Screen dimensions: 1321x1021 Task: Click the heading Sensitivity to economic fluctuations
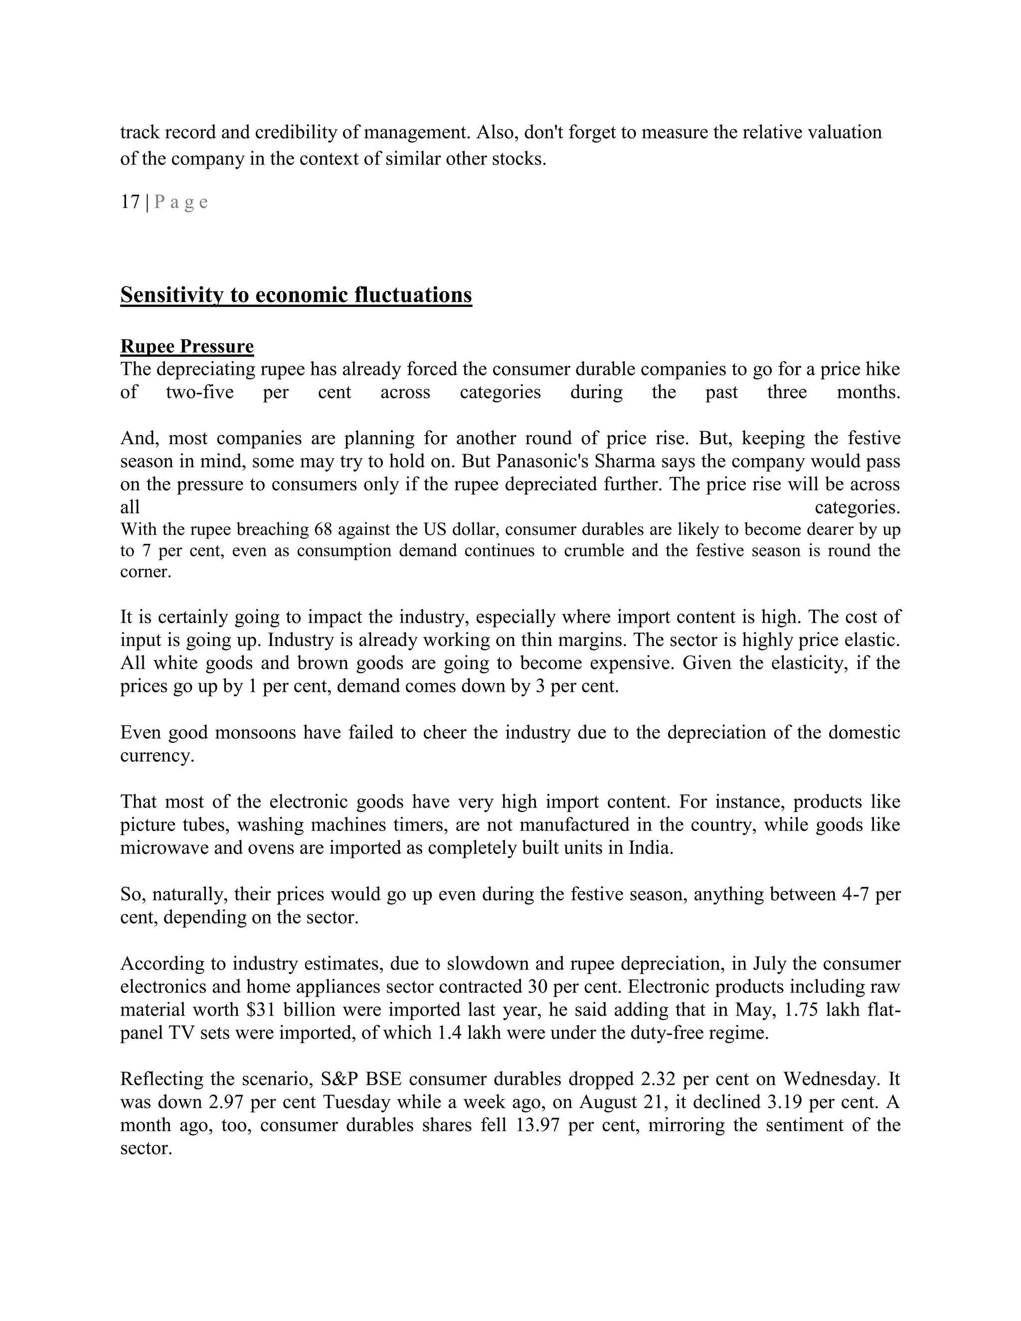click(296, 295)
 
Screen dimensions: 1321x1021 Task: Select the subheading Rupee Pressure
click(187, 346)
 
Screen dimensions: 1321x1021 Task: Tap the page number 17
click(130, 202)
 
